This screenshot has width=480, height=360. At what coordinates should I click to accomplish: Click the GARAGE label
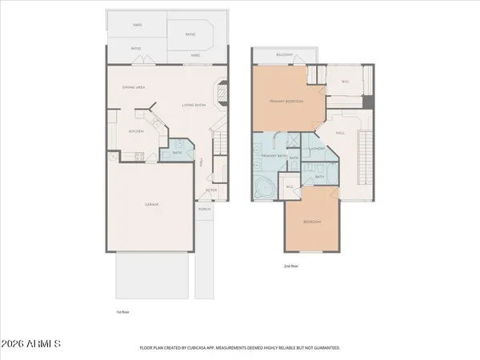coord(151,205)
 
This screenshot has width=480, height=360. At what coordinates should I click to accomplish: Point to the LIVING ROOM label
coord(194,105)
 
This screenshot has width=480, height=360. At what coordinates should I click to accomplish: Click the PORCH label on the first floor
coord(205,210)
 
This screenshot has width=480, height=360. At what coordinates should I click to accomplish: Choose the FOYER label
coord(211,190)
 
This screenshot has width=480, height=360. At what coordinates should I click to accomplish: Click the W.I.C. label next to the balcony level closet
coord(346,81)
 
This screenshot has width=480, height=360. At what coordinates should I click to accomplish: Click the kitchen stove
coord(138,156)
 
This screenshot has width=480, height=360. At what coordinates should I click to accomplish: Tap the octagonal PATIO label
coord(191,35)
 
